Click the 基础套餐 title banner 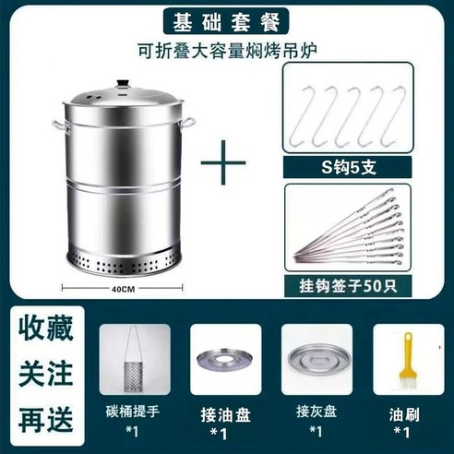coord(226,21)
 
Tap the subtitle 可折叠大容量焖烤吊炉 coord(226,51)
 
